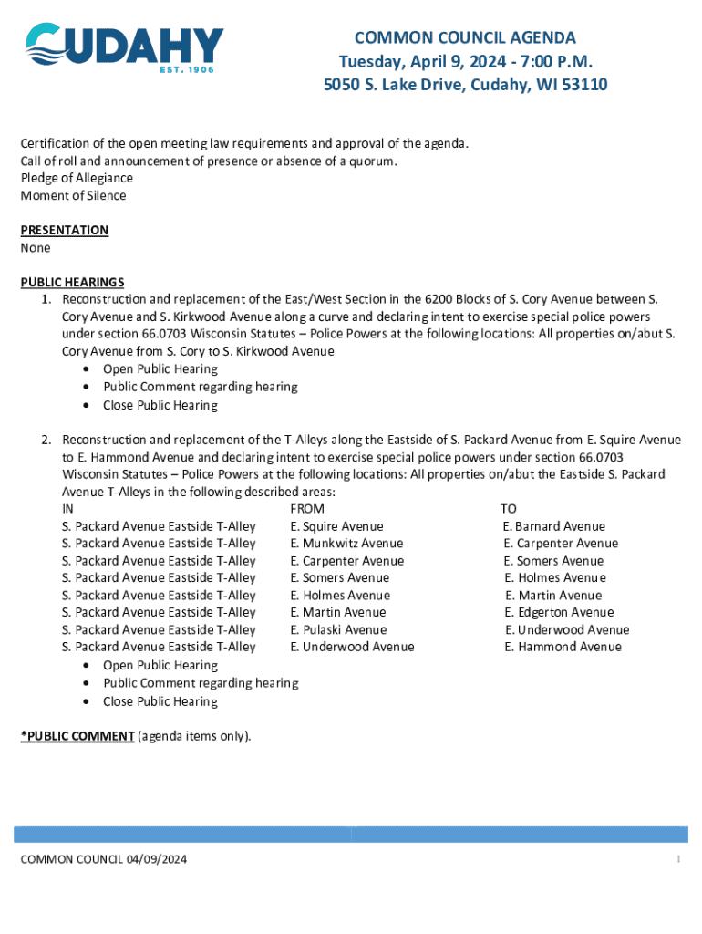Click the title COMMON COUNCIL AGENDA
pos(465,37)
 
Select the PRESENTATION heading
pos(65,230)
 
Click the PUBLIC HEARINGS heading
pos(72,282)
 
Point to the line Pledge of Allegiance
pos(77,178)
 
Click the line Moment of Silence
pos(73,195)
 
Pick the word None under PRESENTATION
pos(36,247)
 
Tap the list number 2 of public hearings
pos(45,440)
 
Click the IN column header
pos(67,508)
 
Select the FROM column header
pos(307,508)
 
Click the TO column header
pos(508,508)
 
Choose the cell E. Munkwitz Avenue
pos(346,543)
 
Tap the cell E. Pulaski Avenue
pos(338,629)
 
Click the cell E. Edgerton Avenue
pos(559,612)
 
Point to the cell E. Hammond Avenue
pos(563,647)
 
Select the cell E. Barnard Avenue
pos(553,526)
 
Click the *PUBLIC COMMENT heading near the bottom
pos(77,735)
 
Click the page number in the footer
pos(678,859)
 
